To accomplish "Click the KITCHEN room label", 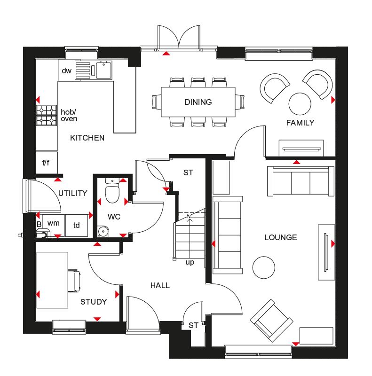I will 87,138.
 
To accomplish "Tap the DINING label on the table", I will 198,102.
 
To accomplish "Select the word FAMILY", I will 300,123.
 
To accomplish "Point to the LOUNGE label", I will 280,237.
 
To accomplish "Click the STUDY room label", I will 93,302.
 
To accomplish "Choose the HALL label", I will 160,285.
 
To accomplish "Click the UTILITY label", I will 73,193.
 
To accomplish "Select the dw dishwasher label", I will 66,71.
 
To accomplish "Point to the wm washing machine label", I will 54,223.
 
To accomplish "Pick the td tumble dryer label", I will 76,225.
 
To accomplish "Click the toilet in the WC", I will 113,192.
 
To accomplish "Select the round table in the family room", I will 300,103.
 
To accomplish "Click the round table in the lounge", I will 264,267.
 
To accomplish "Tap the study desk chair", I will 74,281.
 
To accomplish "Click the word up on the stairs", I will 190,262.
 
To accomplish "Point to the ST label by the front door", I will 193,325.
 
